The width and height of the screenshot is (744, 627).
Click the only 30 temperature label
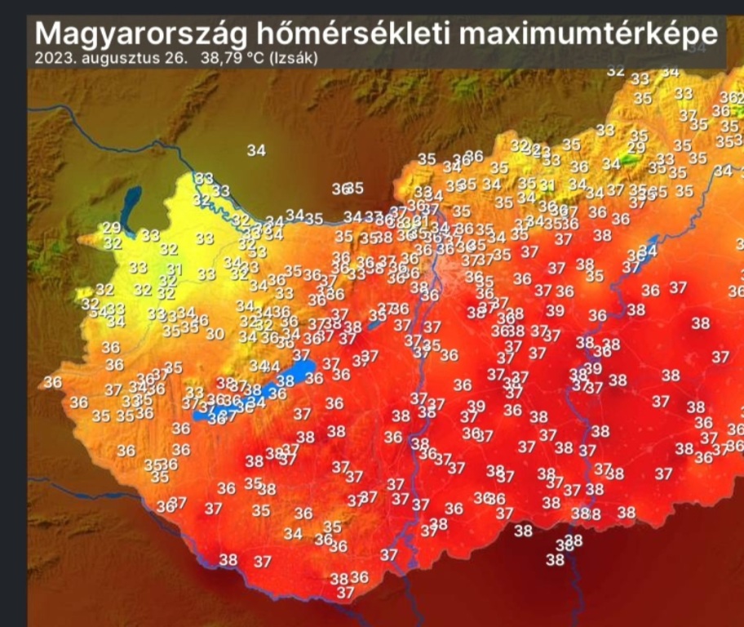(x=215, y=334)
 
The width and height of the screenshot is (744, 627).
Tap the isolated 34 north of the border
(x=256, y=150)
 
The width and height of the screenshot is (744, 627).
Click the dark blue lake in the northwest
(x=130, y=199)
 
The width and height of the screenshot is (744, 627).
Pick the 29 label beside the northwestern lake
(x=111, y=228)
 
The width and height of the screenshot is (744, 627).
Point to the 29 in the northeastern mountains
(x=636, y=147)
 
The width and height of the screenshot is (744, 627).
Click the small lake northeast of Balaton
(x=374, y=324)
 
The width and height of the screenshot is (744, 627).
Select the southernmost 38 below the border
(x=555, y=560)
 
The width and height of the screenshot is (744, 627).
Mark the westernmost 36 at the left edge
(x=52, y=382)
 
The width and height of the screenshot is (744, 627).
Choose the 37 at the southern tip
(x=346, y=592)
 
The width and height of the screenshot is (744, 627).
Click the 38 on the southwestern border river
(x=228, y=560)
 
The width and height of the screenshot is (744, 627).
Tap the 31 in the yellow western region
(x=174, y=269)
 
